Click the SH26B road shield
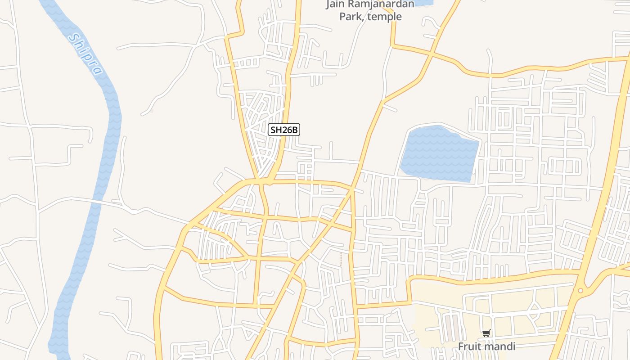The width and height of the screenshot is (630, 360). tap(283, 130)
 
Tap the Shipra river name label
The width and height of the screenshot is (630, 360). tap(85, 54)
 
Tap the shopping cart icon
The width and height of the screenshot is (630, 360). tap(486, 333)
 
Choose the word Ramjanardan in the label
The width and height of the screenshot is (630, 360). tap(384, 5)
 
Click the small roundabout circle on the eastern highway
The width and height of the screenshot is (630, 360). tap(580, 291)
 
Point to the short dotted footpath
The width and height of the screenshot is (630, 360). tap(341, 259)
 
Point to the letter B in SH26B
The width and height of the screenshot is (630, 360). tap(295, 130)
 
